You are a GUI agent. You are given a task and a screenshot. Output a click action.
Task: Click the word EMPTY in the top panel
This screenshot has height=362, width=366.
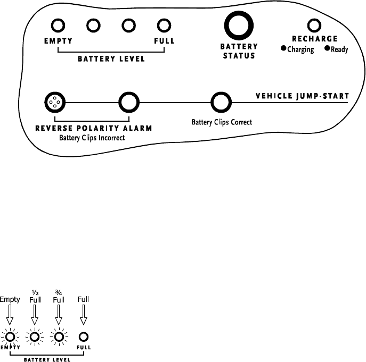59,41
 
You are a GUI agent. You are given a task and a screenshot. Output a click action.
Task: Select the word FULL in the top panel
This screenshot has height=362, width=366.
164,41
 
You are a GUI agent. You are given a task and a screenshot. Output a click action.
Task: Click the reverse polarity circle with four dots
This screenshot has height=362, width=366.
54,101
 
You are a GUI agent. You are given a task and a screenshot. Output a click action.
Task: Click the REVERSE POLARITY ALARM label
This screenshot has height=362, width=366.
94,128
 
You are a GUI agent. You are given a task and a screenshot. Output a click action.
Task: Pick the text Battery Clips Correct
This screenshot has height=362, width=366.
222,122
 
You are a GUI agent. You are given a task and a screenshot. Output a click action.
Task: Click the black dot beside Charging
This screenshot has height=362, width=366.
284,49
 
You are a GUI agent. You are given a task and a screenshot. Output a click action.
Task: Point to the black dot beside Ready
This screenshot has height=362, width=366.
327,49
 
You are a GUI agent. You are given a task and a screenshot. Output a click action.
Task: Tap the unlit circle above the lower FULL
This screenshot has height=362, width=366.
83,336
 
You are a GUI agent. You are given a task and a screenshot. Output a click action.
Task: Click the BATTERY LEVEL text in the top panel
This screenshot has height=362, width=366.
111,59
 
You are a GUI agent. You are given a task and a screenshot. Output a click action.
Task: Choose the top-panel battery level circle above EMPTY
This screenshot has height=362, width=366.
59,25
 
